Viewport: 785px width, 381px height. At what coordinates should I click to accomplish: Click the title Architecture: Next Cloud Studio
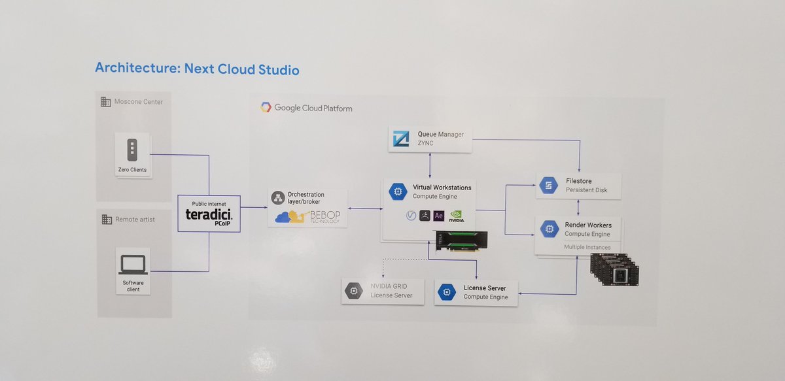tap(197, 68)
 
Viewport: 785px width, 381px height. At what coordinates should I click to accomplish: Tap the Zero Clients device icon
tap(131, 150)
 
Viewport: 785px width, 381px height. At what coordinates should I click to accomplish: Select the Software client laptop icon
tap(132, 264)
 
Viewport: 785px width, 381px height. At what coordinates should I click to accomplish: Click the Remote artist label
tap(134, 219)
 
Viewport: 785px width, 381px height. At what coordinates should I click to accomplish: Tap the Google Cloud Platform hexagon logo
tap(266, 107)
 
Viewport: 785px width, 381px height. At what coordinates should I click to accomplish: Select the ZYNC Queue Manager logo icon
tap(400, 139)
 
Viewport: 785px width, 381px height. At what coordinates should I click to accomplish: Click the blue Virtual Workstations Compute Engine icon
tap(397, 191)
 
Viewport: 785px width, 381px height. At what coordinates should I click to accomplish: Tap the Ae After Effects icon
tap(440, 216)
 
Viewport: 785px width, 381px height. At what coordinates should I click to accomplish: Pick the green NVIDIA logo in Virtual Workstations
tap(458, 216)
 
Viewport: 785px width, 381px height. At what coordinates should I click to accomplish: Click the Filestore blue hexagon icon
tap(548, 186)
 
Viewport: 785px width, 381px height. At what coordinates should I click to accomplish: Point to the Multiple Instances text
tap(587, 247)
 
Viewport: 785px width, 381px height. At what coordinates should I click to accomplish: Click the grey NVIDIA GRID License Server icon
tap(355, 291)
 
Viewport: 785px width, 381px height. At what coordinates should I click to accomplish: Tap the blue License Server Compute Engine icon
tap(447, 291)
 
